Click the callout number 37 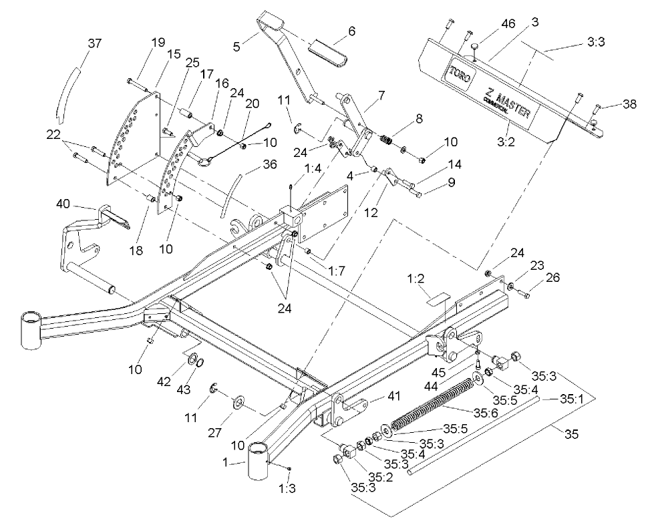[96, 44]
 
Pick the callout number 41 [375, 397]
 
